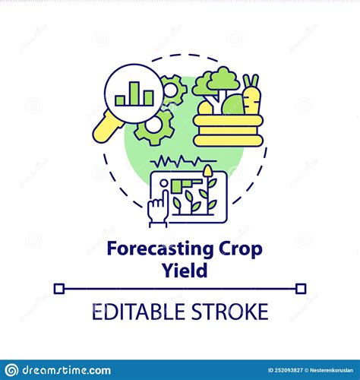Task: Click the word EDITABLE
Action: click(x=134, y=312)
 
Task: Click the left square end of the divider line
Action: click(x=60, y=288)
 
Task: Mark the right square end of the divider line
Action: click(x=301, y=288)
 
